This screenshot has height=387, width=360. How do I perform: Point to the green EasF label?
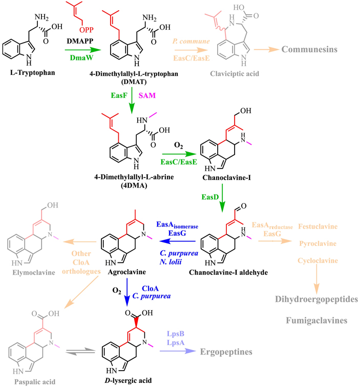pos(120,96)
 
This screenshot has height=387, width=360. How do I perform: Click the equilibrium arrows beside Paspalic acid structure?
pos(81,348)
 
